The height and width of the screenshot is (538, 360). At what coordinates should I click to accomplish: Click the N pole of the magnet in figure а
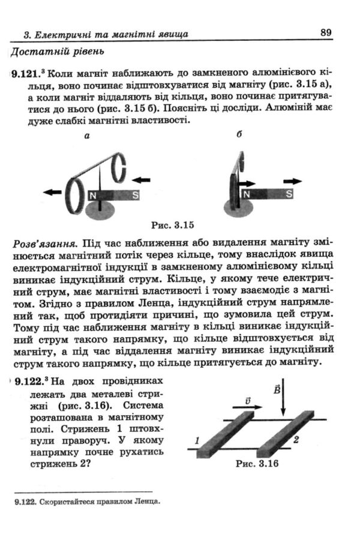coord(94,195)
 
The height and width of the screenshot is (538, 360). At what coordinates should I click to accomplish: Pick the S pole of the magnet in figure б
coord(288,194)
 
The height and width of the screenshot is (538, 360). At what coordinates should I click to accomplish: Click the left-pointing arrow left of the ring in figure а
coord(52,192)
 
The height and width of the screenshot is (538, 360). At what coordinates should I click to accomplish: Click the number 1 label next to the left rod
coord(197,442)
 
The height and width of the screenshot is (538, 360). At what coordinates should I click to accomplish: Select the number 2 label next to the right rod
coord(296,440)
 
